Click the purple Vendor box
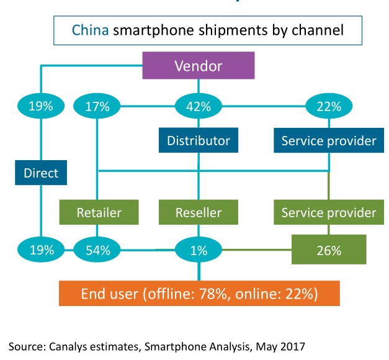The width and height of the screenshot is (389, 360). point(199,66)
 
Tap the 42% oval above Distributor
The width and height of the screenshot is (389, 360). point(199,106)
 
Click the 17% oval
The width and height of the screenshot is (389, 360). point(97,106)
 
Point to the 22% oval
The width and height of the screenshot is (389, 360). point(328,106)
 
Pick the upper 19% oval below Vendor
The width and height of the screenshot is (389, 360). point(40,106)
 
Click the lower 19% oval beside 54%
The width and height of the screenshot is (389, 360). point(40,250)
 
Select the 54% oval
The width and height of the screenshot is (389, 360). point(97,250)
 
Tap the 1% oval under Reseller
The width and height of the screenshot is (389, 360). point(199,250)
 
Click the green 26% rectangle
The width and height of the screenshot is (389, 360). point(328,250)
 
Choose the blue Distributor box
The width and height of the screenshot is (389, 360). point(199,141)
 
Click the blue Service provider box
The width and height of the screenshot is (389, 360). point(328,141)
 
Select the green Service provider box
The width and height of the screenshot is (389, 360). point(328,212)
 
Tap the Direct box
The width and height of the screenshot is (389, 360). point(40,173)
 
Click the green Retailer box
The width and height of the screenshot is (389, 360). point(99,212)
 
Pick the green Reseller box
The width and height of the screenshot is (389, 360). point(199,212)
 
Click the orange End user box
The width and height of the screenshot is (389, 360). point(199,293)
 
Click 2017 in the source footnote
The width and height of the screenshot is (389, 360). point(292,346)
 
